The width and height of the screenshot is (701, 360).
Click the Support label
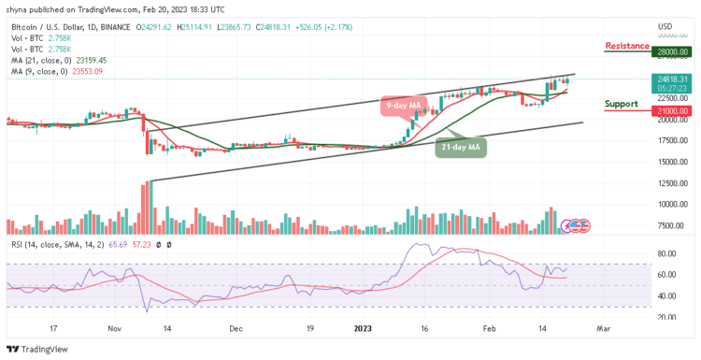pos(622,103)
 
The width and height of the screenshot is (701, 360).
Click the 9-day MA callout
pos(402,107)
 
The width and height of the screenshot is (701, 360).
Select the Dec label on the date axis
pos(236,329)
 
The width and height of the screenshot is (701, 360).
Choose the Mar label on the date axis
pos(604,329)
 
